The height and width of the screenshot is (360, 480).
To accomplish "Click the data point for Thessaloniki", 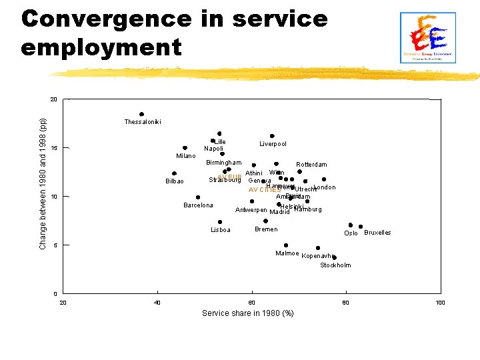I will pos(141,114).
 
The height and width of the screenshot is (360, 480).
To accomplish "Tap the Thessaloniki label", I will pos(142,122).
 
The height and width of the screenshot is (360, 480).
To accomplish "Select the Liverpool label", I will pos(273,144).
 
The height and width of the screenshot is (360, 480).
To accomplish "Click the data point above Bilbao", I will pos(174,173).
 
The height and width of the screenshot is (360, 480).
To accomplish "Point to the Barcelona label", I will pos(198,205).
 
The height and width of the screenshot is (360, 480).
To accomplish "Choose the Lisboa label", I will pos(220,230).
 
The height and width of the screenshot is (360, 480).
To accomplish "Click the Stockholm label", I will pos(335,265).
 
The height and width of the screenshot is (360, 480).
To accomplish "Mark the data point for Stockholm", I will pos(334,257).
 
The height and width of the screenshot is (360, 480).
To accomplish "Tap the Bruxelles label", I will pos(377,233).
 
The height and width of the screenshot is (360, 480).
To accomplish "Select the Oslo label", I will pos(351,233).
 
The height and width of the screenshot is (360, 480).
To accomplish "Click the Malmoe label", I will pos(287,253).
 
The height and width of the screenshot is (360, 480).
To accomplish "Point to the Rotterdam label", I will pos(311,165).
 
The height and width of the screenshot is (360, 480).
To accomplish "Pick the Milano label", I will pos(185,156).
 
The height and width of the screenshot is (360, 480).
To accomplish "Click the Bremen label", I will pos(266,229).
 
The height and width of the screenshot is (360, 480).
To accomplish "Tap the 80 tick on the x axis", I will pos(345,303).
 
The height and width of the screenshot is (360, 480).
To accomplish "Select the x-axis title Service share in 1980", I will pos(247,313).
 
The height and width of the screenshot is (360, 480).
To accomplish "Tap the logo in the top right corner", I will pos(427,37).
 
